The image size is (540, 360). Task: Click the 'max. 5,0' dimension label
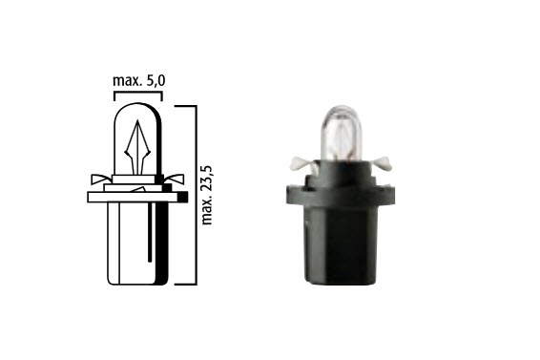(138, 80)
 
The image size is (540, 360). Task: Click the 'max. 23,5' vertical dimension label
(207, 195)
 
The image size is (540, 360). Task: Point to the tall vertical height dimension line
(197, 195)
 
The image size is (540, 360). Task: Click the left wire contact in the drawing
(101, 180)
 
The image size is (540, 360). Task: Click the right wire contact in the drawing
(175, 180)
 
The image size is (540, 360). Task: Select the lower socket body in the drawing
(137, 244)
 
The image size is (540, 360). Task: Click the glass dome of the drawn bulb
(137, 138)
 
